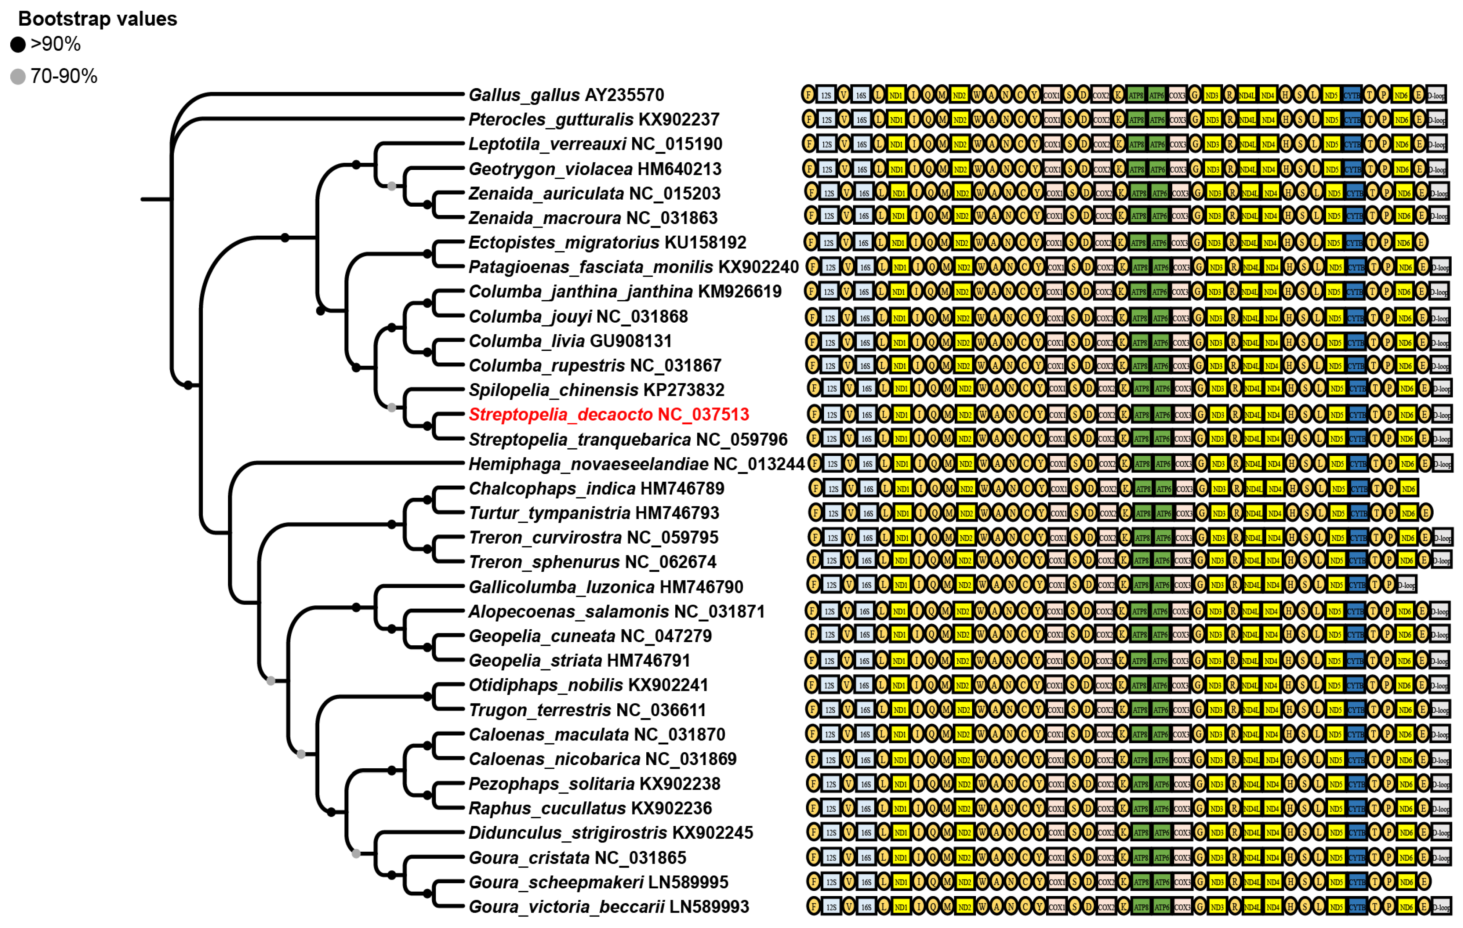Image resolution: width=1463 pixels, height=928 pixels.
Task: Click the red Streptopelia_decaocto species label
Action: click(x=608, y=414)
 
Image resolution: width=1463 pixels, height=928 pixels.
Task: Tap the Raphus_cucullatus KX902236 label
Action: click(x=590, y=808)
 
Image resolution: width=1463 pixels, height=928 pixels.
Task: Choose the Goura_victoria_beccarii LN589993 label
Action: click(x=608, y=907)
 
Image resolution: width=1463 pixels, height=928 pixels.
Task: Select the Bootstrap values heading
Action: click(x=97, y=19)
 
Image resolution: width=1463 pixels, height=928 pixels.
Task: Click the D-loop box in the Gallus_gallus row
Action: click(x=1436, y=95)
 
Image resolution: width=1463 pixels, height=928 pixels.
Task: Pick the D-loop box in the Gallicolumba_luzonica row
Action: click(x=1406, y=585)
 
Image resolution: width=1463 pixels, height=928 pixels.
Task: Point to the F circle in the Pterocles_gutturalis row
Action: click(x=809, y=119)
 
